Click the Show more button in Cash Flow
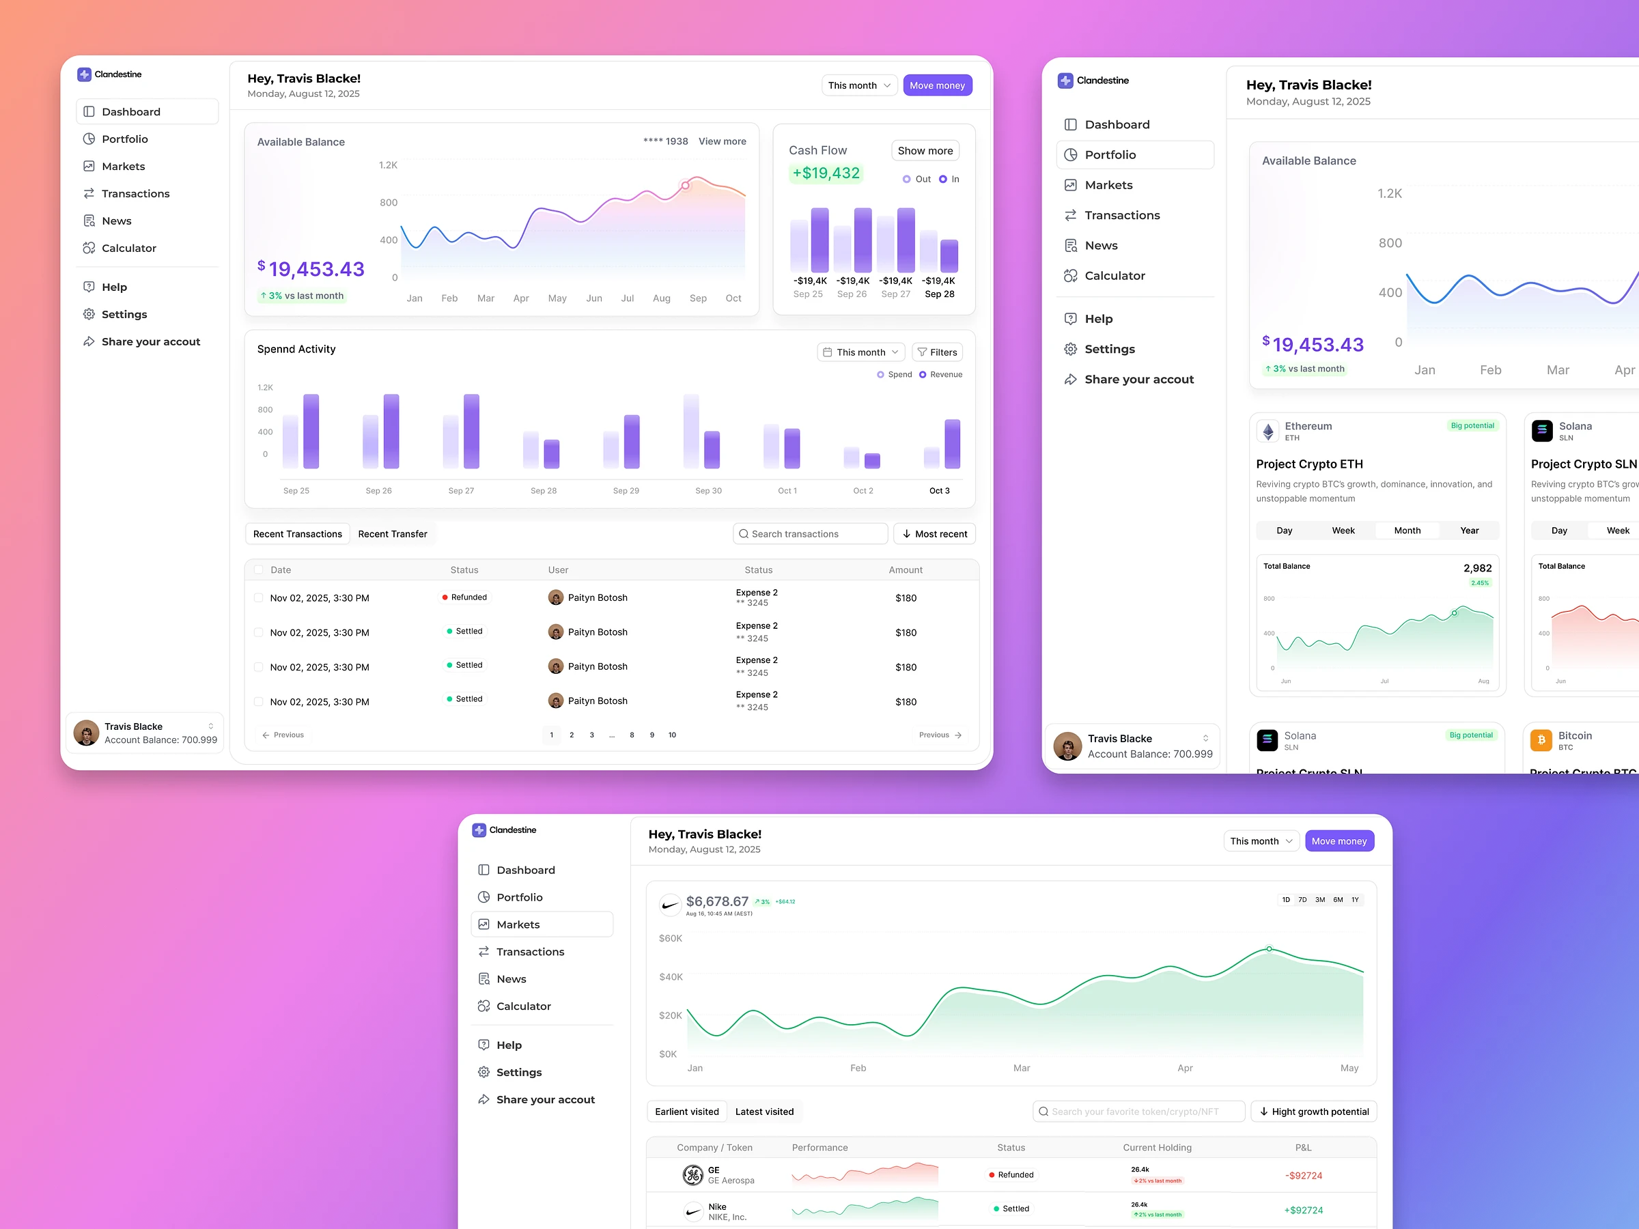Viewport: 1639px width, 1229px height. click(925, 150)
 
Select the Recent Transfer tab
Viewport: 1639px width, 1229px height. click(392, 533)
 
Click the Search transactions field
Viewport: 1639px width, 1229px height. click(810, 533)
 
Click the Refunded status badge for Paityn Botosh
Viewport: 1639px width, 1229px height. click(464, 597)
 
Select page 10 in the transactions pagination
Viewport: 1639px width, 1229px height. click(672, 735)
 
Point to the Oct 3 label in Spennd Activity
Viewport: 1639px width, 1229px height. click(939, 490)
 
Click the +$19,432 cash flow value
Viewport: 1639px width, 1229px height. click(826, 173)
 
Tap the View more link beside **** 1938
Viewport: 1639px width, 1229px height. click(722, 141)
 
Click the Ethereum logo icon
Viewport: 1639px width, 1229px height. click(1267, 431)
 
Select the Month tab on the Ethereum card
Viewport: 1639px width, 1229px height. click(1406, 531)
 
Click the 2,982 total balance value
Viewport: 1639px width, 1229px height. click(1476, 568)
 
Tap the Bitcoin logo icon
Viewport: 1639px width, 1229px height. click(1541, 740)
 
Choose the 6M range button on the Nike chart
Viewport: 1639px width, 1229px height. click(1337, 899)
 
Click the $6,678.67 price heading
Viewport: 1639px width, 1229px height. click(716, 901)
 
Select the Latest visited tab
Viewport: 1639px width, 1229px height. click(764, 1111)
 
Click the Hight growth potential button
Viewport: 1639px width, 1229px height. click(1313, 1111)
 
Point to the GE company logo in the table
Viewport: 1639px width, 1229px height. click(692, 1175)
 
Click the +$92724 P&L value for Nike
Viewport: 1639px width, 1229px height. click(1302, 1210)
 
